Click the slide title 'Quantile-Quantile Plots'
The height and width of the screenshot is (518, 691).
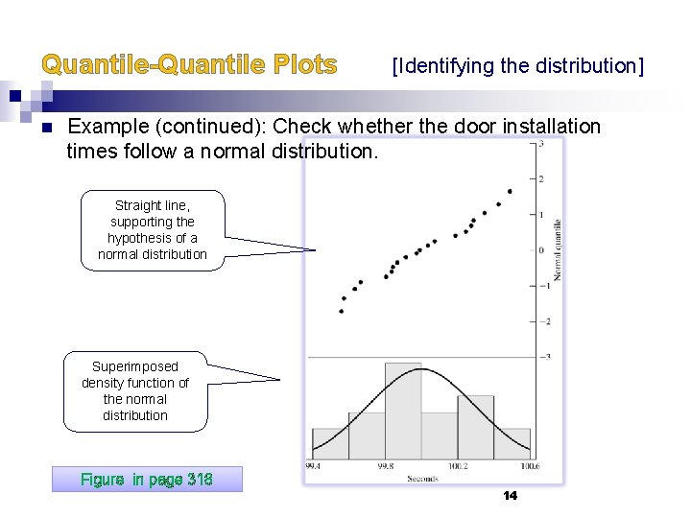click(189, 65)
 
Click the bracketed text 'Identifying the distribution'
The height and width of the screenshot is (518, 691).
click(518, 66)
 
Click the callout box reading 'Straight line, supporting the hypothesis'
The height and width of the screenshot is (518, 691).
click(153, 230)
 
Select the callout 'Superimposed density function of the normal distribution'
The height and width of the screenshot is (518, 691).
click(135, 391)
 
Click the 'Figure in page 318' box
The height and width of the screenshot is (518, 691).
click(147, 479)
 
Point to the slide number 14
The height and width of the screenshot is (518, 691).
click(510, 495)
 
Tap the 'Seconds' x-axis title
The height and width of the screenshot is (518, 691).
click(422, 478)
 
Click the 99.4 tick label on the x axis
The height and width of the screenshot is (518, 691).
click(313, 466)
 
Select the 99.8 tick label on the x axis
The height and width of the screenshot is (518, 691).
click(385, 466)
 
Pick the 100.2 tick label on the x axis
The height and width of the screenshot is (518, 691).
click(458, 466)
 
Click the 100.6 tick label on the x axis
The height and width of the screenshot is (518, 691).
click(530, 466)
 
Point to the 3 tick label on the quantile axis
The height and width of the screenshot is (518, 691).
click(543, 144)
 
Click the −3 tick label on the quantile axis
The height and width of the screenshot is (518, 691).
click(545, 357)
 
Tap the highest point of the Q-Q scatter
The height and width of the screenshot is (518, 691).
click(510, 191)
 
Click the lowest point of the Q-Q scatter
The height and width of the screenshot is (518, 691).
click(342, 311)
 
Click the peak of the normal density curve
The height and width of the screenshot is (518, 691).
click(420, 368)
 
